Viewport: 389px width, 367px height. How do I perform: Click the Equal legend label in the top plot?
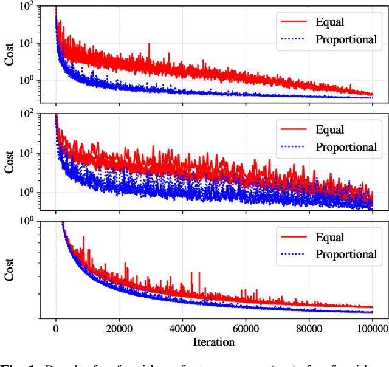(330, 22)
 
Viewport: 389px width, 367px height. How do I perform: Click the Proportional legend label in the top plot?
(346, 40)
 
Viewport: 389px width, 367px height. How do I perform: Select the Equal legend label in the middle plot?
(330, 129)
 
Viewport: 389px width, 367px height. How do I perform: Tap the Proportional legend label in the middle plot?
(346, 147)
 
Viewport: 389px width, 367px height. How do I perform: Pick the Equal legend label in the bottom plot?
(330, 237)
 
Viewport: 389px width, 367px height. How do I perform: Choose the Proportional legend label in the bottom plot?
(346, 254)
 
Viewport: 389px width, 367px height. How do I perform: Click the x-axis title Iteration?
(214, 342)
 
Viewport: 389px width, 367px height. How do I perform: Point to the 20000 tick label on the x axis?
(119, 328)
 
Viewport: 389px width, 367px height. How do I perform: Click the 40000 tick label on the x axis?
(182, 328)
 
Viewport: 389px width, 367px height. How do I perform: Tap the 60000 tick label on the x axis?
(246, 328)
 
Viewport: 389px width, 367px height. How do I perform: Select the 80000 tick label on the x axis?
(309, 328)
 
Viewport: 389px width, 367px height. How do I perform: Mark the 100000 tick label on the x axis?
(371, 328)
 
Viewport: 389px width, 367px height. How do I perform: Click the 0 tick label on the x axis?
(56, 328)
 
